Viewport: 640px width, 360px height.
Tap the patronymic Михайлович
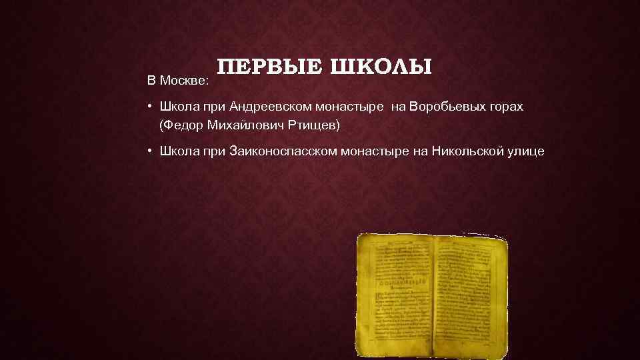243,125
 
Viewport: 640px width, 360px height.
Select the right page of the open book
467,293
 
